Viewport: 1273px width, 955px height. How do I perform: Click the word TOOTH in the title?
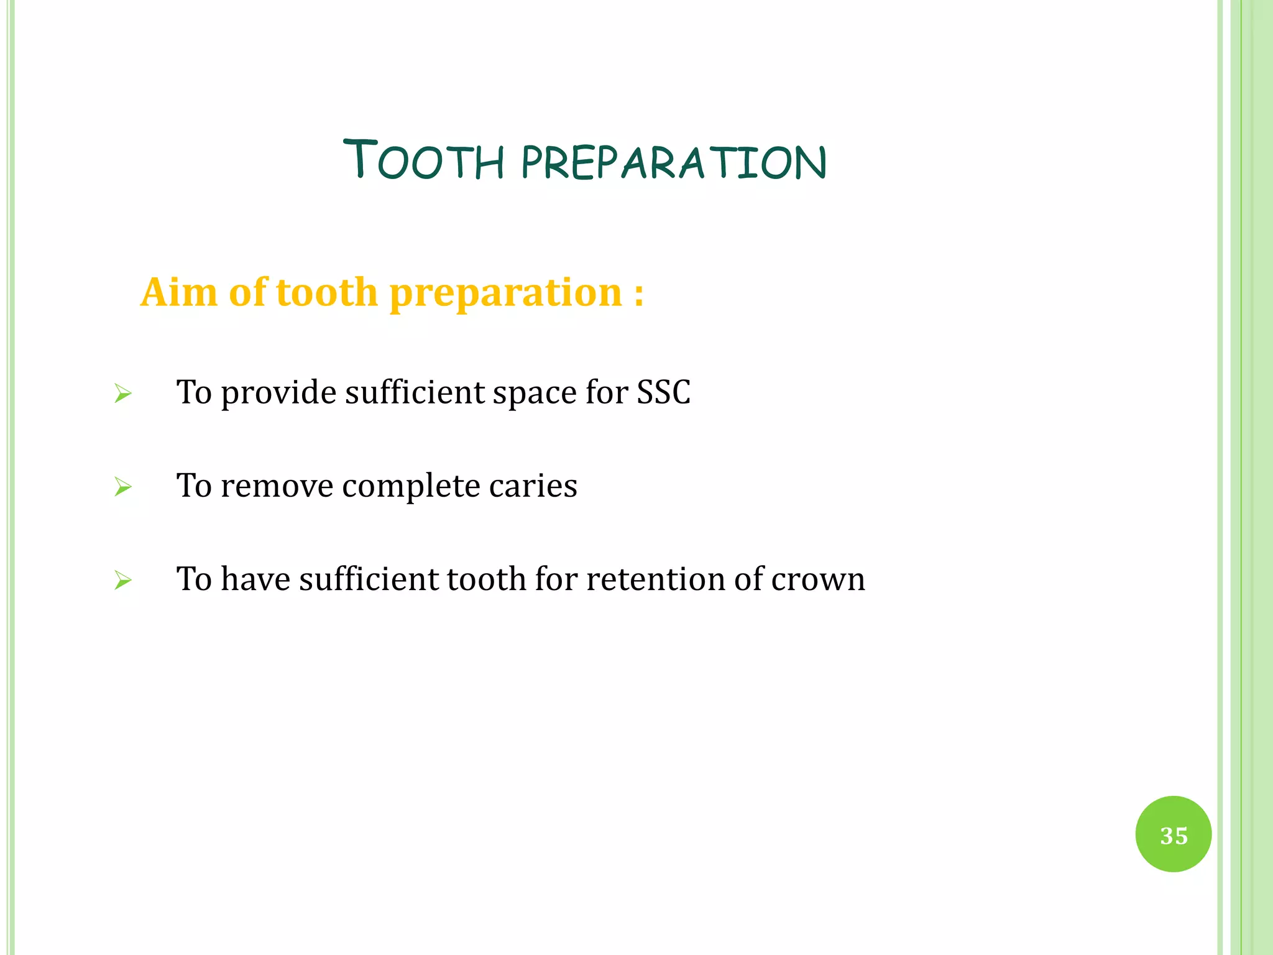pyautogui.click(x=423, y=160)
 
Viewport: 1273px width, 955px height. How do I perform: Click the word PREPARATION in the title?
pyautogui.click(x=674, y=163)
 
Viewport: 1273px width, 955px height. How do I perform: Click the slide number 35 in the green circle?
pyautogui.click(x=1173, y=835)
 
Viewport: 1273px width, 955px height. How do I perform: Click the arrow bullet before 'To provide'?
pyautogui.click(x=123, y=394)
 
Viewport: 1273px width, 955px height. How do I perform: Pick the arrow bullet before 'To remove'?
pyautogui.click(x=123, y=487)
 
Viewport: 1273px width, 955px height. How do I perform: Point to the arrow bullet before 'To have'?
pyautogui.click(x=123, y=581)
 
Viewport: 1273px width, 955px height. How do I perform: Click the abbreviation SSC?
pyautogui.click(x=663, y=393)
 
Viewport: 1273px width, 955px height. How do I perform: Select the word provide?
pyautogui.click(x=278, y=394)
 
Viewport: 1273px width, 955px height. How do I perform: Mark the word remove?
pyautogui.click(x=277, y=486)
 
